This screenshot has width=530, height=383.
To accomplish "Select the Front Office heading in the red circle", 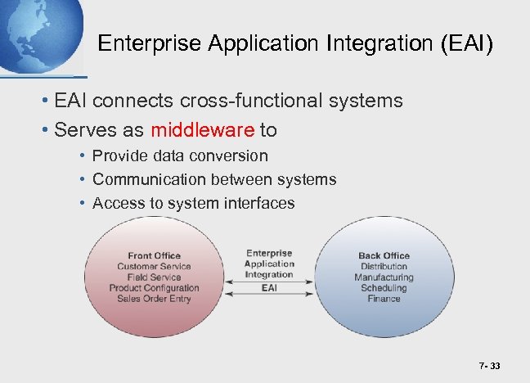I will [154, 256].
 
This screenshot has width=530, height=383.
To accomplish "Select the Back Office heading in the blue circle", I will [384, 256].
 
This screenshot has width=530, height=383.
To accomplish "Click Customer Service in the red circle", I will [154, 267].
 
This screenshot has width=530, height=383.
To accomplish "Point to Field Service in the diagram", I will [154, 277].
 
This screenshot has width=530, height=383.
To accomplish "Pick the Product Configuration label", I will [154, 288].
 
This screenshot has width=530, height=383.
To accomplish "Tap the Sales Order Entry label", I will [154, 299].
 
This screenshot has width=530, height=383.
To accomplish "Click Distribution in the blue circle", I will [384, 267].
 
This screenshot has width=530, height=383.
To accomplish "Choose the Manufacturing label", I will [384, 277].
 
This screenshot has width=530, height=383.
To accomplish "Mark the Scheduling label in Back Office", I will [384, 288].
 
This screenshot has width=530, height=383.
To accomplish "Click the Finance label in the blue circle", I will [384, 299].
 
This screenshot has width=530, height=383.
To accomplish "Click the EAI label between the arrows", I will [269, 288].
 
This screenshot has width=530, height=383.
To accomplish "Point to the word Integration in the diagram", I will [269, 274].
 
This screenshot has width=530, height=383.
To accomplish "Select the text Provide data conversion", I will [180, 155].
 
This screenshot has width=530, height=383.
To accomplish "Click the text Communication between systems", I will [214, 179].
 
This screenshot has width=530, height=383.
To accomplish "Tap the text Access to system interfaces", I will [194, 203].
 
